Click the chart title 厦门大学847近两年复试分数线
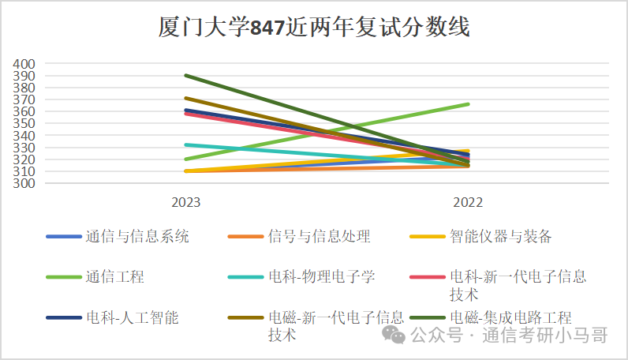coord(314,28)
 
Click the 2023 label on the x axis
coord(186,202)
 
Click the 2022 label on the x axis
coord(468,202)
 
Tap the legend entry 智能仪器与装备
coord(500,236)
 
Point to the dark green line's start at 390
coord(186,76)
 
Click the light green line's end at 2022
coord(468,104)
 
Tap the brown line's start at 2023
coord(186,99)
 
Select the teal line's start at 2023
coord(186,145)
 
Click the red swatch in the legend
coord(428,277)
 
